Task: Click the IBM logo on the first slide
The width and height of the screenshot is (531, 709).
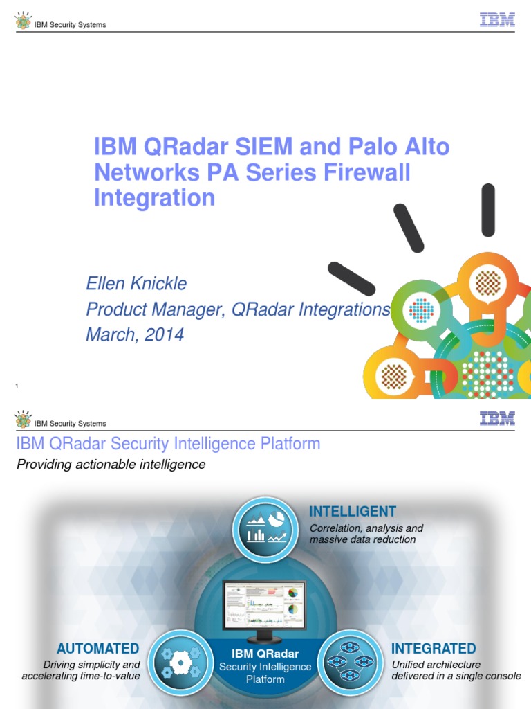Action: [x=497, y=19]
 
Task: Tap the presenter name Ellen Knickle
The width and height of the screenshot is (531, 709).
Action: [x=136, y=284]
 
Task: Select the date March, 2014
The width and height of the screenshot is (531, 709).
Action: [x=135, y=335]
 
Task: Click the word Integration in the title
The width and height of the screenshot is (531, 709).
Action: [x=154, y=198]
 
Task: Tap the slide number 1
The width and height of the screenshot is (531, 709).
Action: [x=17, y=385]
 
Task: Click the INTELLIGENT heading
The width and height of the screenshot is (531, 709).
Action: [x=353, y=512]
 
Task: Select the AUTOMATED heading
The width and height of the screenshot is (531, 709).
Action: [x=97, y=649]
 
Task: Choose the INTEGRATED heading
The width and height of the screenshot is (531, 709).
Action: [x=434, y=649]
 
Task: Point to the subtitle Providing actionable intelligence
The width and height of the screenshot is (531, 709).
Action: [x=111, y=465]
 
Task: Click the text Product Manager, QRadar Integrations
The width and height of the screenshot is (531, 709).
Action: [x=238, y=309]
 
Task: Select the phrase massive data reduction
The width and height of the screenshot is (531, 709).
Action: [x=363, y=539]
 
